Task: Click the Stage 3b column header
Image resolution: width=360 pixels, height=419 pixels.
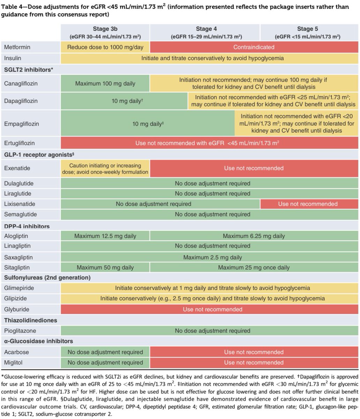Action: point(105,32)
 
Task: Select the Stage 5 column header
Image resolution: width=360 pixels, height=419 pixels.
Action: point(307,32)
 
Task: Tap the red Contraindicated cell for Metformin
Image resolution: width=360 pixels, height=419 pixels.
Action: point(254,47)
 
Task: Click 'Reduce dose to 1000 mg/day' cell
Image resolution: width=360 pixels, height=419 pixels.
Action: point(105,47)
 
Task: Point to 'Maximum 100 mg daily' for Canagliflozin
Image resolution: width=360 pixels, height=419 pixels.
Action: point(105,84)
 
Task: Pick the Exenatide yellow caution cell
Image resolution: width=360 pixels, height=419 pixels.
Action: point(105,168)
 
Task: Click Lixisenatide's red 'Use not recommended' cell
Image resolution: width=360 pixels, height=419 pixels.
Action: point(308,204)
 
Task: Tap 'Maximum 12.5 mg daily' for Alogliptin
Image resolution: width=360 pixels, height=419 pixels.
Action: point(105,236)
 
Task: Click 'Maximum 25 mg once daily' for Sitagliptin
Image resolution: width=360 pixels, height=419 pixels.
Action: point(254,268)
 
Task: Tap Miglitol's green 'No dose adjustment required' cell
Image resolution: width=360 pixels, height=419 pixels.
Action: point(105,362)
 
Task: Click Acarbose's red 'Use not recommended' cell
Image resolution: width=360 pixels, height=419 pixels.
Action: point(254,352)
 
